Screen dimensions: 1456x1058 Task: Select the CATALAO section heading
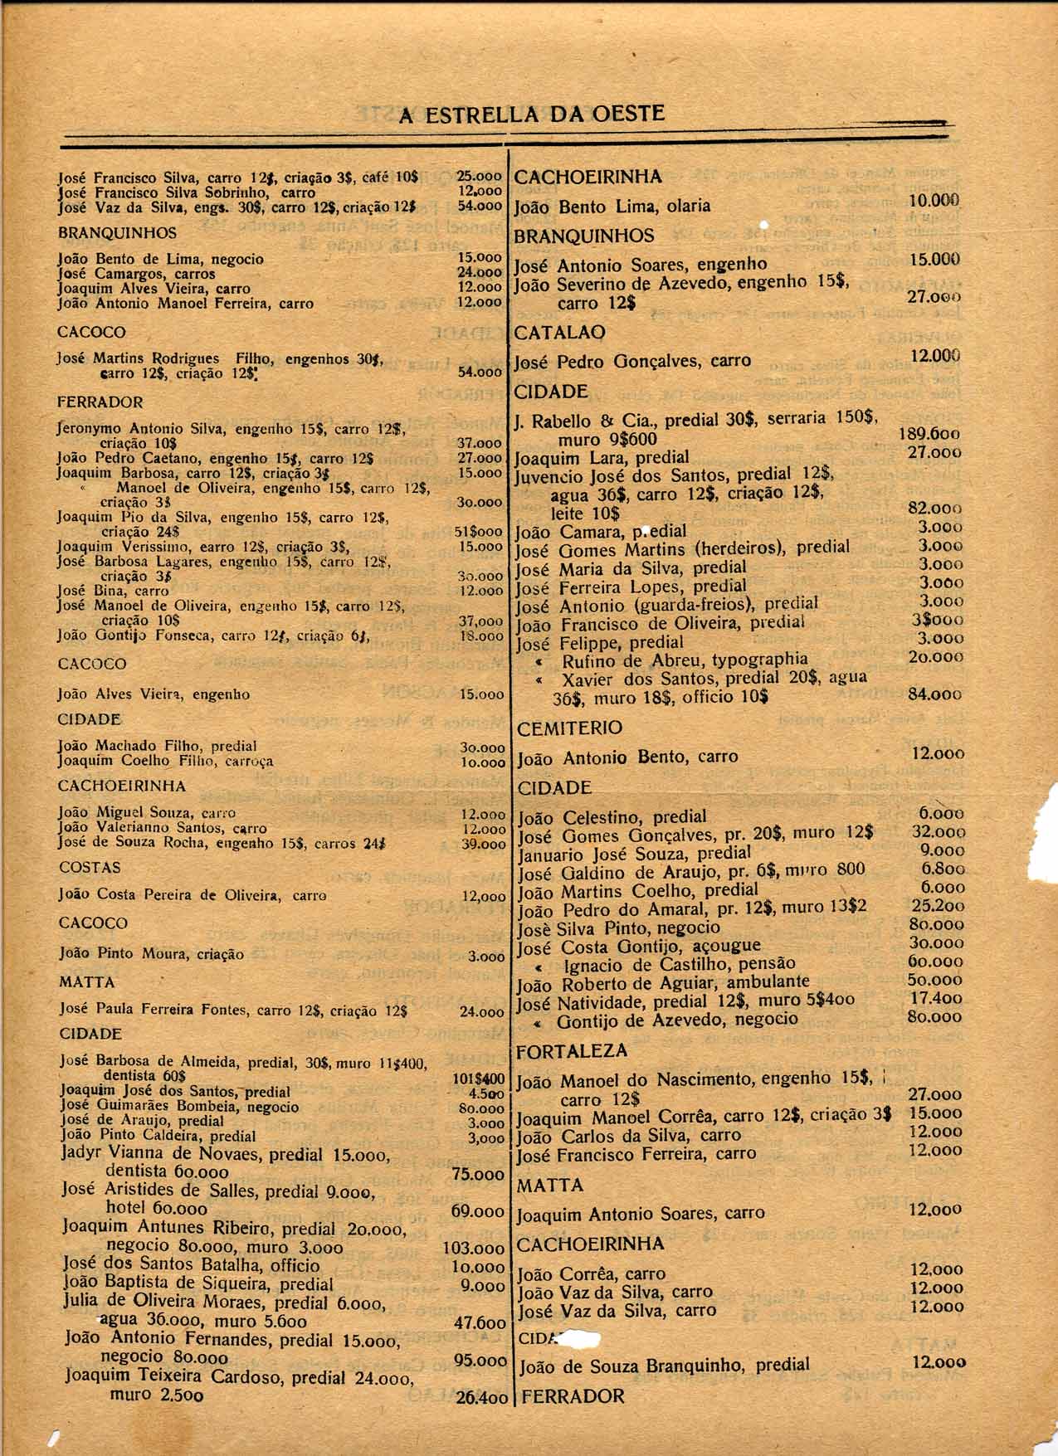pos(560,333)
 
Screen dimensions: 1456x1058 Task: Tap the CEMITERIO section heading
pos(569,728)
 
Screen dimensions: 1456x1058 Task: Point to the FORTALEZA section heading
pos(572,1051)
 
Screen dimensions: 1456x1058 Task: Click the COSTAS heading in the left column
pos(90,867)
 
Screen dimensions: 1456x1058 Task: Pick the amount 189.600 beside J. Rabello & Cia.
pos(930,434)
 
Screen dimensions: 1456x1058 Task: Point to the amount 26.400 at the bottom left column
pos(480,1397)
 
